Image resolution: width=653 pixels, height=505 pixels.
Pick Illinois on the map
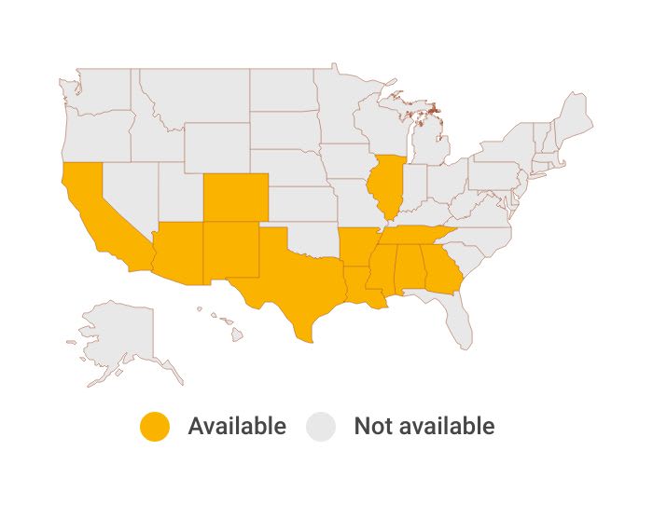[x=385, y=186]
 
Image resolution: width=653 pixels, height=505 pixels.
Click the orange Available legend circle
[x=155, y=427]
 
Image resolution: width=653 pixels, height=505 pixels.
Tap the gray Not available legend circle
[x=322, y=427]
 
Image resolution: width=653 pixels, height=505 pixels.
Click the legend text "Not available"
[x=424, y=427]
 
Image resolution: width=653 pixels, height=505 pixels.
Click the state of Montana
[x=191, y=98]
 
